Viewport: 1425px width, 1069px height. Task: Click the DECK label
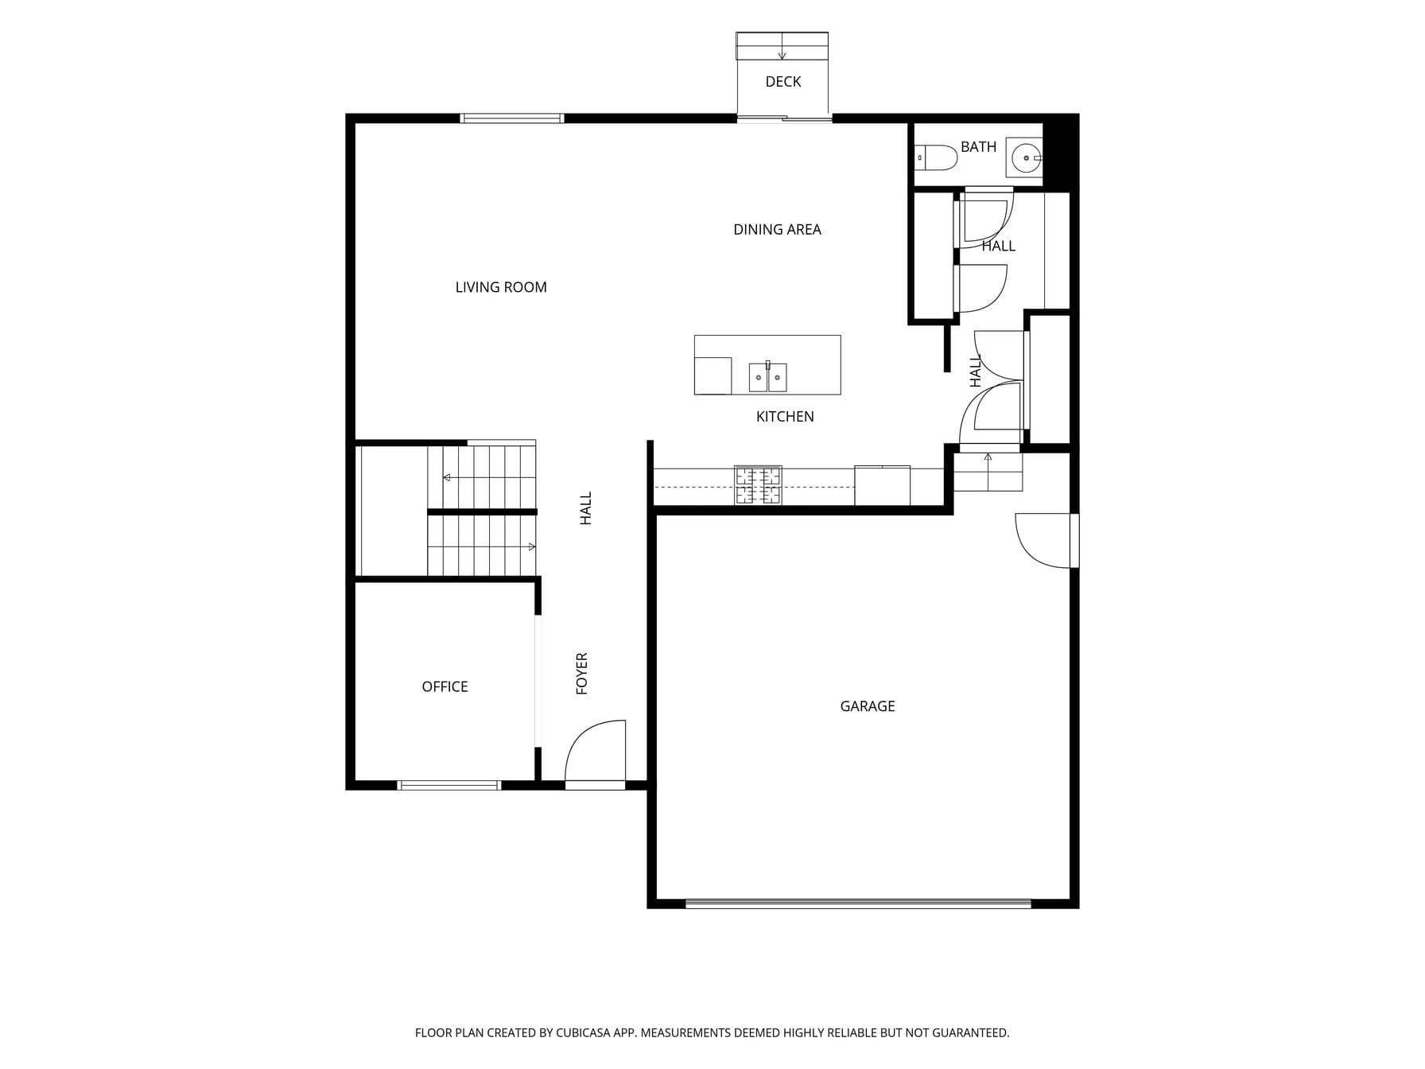tap(782, 82)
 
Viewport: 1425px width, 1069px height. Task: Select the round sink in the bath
tap(1025, 157)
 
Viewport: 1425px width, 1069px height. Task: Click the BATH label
tap(978, 147)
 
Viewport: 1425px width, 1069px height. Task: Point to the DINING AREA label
tap(777, 230)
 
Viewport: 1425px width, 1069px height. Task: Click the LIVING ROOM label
tap(501, 287)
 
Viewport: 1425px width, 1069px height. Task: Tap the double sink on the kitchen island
tap(768, 377)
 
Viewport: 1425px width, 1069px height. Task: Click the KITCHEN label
tap(785, 417)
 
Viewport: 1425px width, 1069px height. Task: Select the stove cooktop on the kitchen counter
tap(758, 485)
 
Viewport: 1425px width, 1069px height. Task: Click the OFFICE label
tap(445, 686)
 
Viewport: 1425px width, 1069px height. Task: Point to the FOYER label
tap(582, 674)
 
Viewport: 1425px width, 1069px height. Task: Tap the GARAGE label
tap(868, 706)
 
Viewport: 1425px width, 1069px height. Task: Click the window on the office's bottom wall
tap(449, 786)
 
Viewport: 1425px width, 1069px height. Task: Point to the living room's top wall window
tap(512, 119)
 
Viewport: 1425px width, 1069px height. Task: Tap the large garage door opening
tap(858, 904)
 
